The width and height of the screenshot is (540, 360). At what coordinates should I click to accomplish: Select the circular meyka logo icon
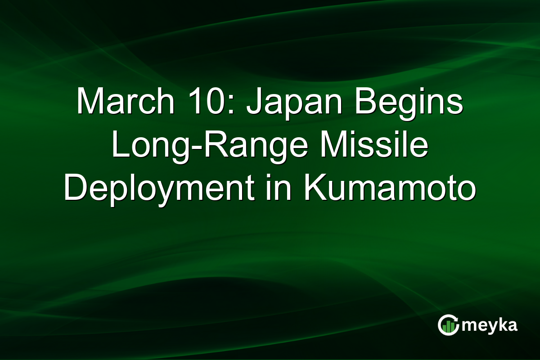(x=448, y=325)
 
